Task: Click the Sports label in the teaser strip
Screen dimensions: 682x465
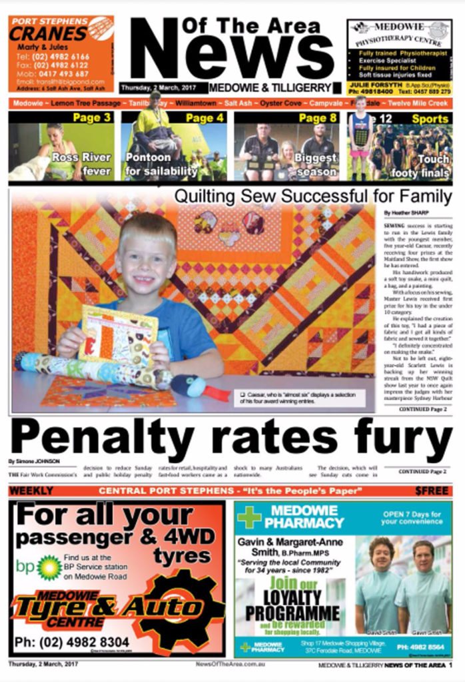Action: [430, 119]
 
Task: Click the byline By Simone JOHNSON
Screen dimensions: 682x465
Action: [33, 461]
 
